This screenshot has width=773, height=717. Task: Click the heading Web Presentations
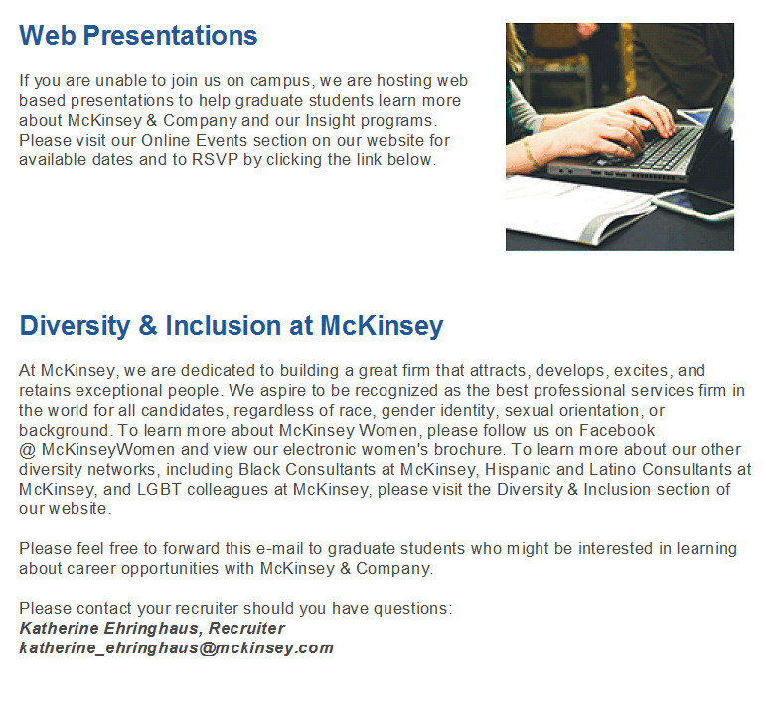pyautogui.click(x=138, y=35)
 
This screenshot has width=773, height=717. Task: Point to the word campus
pyautogui.click(x=280, y=81)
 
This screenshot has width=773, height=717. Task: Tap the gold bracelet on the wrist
pyautogui.click(x=530, y=153)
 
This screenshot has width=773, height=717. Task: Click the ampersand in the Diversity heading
pyautogui.click(x=148, y=326)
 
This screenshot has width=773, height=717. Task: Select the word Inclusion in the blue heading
pyautogui.click(x=224, y=326)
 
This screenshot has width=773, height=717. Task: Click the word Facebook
pyautogui.click(x=617, y=430)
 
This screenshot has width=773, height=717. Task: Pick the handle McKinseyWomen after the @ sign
pyautogui.click(x=108, y=450)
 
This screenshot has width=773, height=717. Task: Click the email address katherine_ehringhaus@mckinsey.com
pyautogui.click(x=176, y=648)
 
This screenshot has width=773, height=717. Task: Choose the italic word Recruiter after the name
pyautogui.click(x=246, y=629)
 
